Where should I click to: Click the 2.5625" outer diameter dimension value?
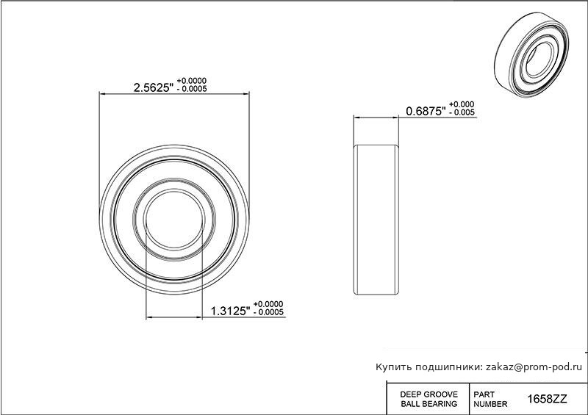(x=154, y=87)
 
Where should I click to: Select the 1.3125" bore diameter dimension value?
(x=230, y=311)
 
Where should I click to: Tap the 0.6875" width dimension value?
(x=426, y=111)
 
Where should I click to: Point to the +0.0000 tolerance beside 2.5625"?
(x=192, y=81)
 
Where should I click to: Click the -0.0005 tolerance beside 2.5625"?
(x=192, y=89)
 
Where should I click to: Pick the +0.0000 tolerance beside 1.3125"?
(x=268, y=304)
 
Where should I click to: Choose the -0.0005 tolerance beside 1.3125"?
(x=268, y=312)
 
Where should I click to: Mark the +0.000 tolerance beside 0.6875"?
(x=462, y=104)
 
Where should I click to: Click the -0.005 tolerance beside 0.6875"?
(x=462, y=112)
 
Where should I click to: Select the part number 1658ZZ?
(x=547, y=400)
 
